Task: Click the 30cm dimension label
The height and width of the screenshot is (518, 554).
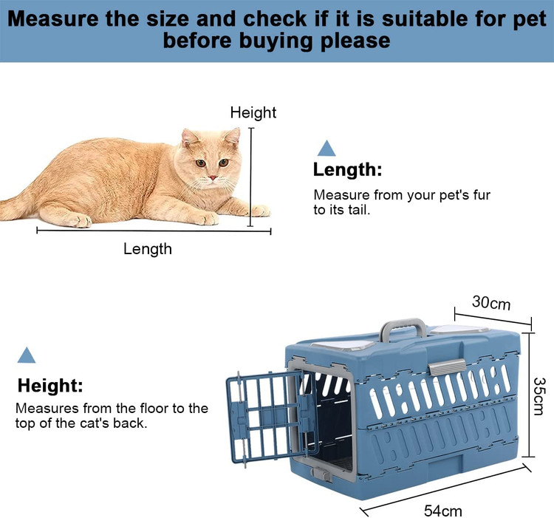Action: tap(491, 303)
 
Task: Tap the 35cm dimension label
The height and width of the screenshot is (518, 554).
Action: tap(539, 396)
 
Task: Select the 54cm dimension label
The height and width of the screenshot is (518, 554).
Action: tap(443, 511)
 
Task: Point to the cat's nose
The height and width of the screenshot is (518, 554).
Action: tap(213, 177)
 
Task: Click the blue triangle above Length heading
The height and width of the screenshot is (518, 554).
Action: tap(326, 148)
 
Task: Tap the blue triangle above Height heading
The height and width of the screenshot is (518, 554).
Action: tap(27, 355)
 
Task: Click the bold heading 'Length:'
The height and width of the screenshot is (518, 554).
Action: tap(347, 170)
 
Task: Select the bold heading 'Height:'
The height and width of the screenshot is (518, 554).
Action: tap(50, 385)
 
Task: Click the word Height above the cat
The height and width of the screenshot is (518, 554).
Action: tap(253, 112)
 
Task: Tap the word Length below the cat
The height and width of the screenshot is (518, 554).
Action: tap(148, 249)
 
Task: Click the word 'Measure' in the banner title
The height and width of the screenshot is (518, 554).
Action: tap(52, 18)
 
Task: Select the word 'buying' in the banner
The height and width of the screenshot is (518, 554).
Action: tap(276, 41)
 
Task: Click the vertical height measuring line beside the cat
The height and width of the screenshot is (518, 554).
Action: tap(251, 177)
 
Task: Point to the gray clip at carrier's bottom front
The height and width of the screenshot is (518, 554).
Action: tap(321, 474)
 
